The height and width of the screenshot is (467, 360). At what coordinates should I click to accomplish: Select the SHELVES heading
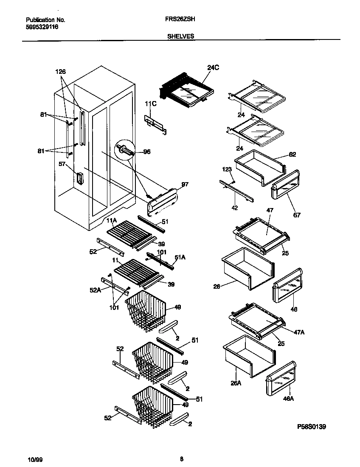181,37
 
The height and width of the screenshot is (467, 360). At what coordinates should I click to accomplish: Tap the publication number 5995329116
42,26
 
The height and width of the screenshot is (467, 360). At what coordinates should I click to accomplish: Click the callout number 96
147,152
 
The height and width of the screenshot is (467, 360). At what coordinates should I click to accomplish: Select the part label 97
185,185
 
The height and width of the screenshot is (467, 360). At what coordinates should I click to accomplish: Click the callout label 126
61,72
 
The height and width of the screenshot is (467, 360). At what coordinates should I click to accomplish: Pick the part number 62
292,154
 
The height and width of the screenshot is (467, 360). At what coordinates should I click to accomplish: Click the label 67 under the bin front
297,215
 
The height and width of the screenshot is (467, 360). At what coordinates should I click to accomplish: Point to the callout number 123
227,169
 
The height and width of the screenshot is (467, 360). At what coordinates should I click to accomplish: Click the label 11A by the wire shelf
111,220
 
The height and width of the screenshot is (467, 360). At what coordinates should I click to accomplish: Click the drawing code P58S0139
312,426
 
